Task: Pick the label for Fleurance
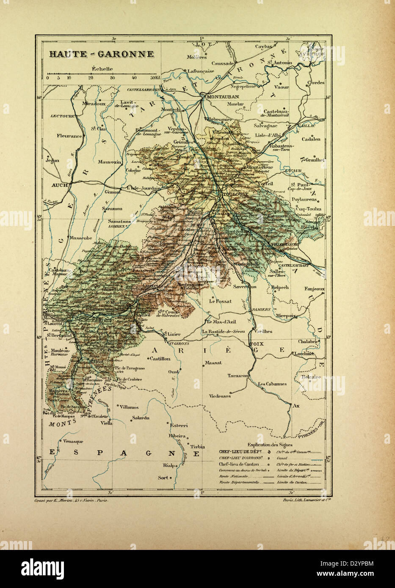pyautogui.click(x=69, y=136)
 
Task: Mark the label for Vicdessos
pyautogui.click(x=220, y=396)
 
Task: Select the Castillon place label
pyautogui.click(x=160, y=358)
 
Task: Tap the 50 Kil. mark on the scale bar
pyautogui.click(x=154, y=78)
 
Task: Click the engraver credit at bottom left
pyautogui.click(x=72, y=500)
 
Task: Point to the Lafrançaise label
pyautogui.click(x=201, y=71)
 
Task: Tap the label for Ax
pyautogui.click(x=296, y=405)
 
